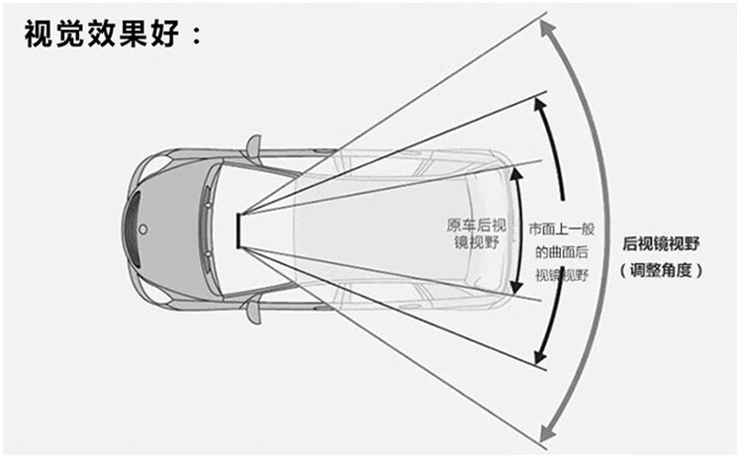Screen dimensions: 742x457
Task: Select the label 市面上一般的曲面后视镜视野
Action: click(561, 250)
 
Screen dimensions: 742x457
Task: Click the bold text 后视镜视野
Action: click(661, 243)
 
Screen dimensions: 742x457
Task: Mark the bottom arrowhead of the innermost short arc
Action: click(514, 289)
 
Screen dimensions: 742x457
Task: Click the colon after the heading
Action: click(196, 40)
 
